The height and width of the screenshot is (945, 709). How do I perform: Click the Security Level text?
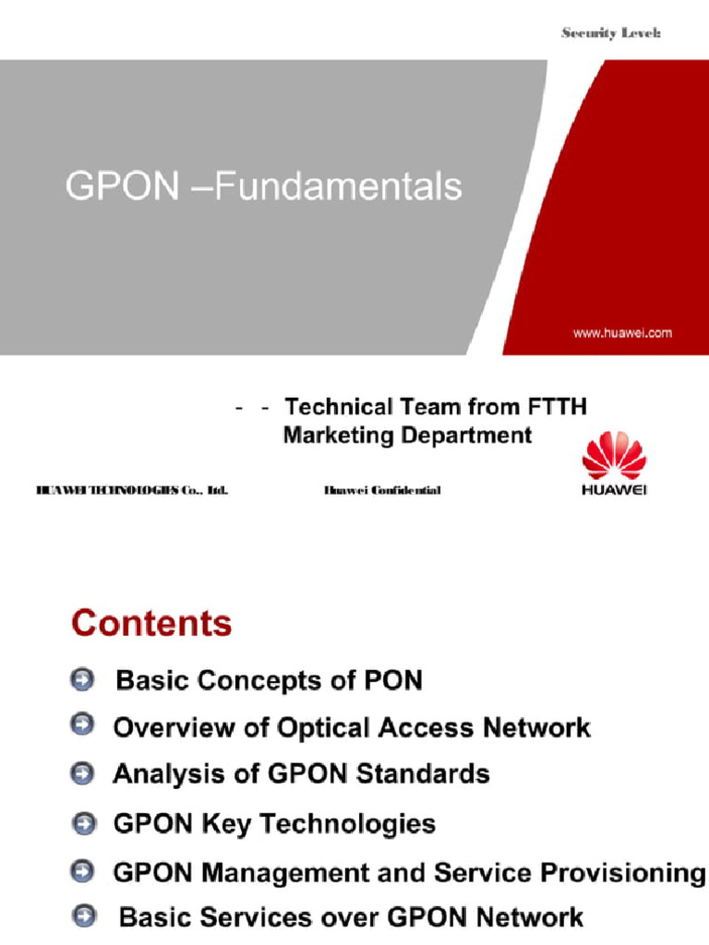611,33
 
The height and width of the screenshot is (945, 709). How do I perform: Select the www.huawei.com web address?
622,333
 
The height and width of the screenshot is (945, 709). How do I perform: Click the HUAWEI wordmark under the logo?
614,489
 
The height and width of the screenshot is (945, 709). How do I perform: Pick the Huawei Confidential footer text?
382,490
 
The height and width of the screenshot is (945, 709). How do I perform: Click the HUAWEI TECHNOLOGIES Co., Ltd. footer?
132,490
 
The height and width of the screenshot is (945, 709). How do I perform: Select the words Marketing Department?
407,436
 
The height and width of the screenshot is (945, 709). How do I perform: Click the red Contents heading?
151,623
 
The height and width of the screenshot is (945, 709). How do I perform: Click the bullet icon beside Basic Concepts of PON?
82,680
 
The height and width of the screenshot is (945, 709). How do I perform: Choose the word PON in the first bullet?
391,681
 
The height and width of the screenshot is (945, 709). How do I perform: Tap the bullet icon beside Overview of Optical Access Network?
82,726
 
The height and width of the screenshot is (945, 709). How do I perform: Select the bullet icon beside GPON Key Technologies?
83,822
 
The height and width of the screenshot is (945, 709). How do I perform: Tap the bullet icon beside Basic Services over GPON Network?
85,916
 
